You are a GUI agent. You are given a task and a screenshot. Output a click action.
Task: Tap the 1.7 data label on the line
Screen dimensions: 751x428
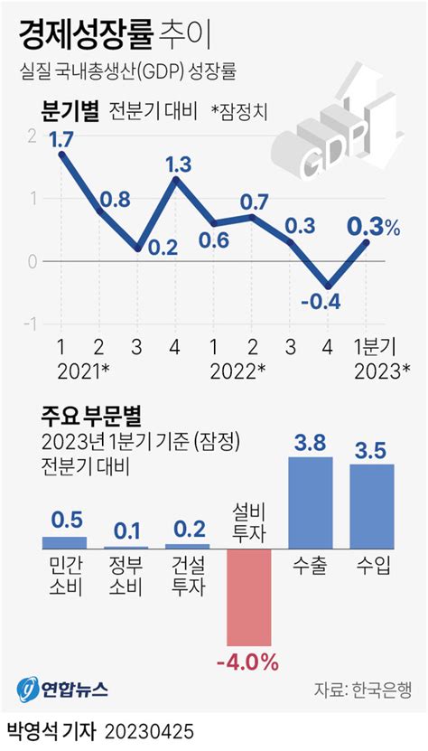pyautogui.click(x=61, y=140)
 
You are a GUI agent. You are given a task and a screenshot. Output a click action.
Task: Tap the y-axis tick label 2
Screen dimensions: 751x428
pyautogui.click(x=33, y=136)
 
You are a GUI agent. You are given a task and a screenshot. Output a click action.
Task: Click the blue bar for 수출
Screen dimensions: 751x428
pyautogui.click(x=310, y=502)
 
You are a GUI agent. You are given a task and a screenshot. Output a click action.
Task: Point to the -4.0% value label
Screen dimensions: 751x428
pyautogui.click(x=247, y=663)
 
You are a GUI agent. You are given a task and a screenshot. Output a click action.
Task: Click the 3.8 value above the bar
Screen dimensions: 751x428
pyautogui.click(x=310, y=443)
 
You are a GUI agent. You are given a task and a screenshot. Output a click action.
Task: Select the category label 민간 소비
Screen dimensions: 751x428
pyautogui.click(x=64, y=576)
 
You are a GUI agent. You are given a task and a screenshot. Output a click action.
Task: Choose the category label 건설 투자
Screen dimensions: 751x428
pyautogui.click(x=188, y=576)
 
